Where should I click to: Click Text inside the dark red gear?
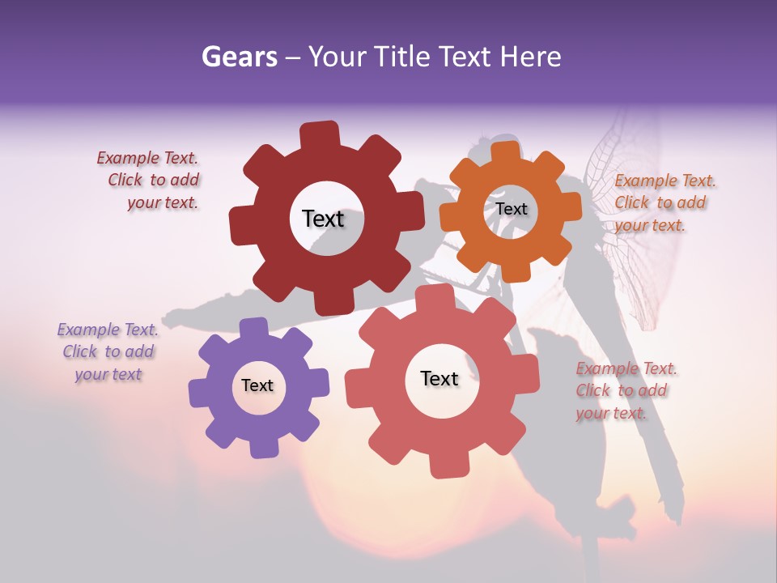tap(323, 219)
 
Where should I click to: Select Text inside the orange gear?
tap(512, 209)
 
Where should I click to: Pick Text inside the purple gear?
tap(257, 385)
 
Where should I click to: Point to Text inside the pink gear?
tap(439, 378)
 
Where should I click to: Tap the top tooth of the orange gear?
tap(506, 151)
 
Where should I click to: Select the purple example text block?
tap(108, 351)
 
